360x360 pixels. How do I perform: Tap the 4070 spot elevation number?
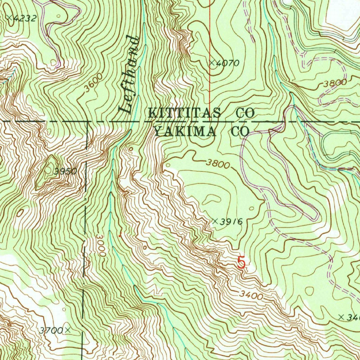[x=228, y=64]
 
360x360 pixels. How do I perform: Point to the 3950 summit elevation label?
[x=65, y=172]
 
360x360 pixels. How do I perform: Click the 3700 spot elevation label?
[x=51, y=330]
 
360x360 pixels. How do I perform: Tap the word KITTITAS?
[x=185, y=113]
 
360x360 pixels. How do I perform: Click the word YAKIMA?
[x=185, y=131]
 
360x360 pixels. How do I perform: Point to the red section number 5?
[x=241, y=262]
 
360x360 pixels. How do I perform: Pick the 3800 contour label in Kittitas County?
[x=335, y=84]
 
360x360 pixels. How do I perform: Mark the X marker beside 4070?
[x=212, y=63]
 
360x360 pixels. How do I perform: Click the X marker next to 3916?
[x=215, y=221]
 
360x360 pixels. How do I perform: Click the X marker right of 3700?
[x=67, y=330]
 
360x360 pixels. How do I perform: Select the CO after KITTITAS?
[x=245, y=113]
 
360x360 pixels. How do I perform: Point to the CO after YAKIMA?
[x=240, y=131]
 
